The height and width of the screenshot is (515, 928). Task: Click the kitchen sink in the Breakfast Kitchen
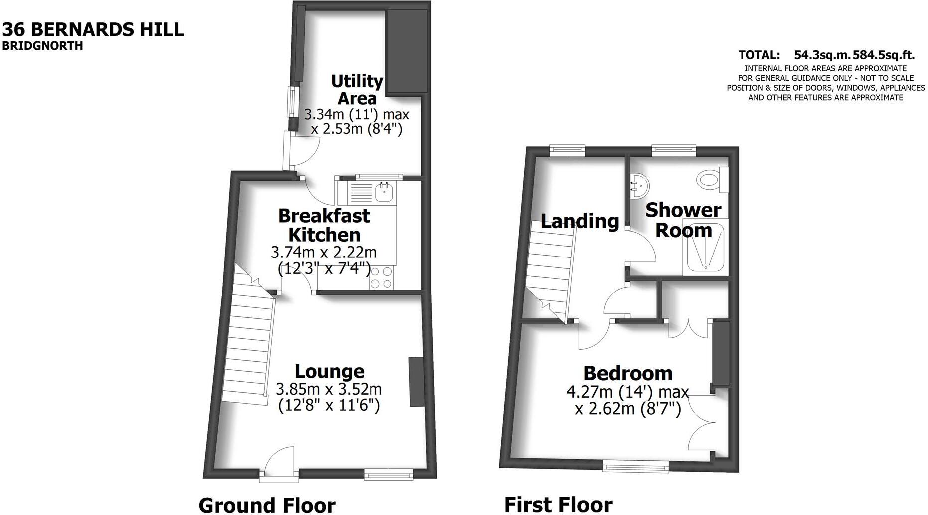click(x=384, y=191)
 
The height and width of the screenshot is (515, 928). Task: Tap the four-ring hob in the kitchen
click(x=381, y=278)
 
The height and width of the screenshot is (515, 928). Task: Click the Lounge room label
click(x=329, y=371)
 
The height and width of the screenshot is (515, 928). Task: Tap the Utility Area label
click(x=357, y=89)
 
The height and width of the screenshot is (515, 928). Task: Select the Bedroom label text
click(x=628, y=373)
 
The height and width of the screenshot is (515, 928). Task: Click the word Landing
click(x=579, y=221)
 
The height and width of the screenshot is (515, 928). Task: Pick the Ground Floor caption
click(x=267, y=505)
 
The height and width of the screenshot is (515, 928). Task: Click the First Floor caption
click(x=558, y=505)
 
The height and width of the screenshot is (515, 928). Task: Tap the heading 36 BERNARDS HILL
click(x=93, y=29)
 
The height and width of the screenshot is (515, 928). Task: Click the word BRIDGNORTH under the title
click(x=42, y=46)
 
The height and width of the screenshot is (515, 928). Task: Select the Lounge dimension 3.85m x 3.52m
click(x=329, y=389)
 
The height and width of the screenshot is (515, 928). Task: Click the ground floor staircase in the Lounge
click(x=248, y=339)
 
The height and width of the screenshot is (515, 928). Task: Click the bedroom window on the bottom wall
click(x=635, y=467)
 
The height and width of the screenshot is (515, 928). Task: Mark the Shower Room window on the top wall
click(x=673, y=149)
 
